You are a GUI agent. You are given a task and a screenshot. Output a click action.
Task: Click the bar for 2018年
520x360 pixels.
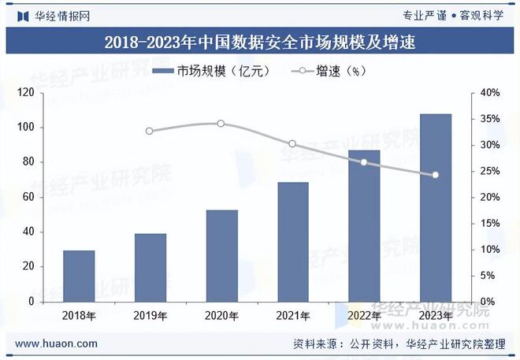[79, 276]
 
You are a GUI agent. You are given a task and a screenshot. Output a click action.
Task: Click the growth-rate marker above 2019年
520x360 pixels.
[150, 131]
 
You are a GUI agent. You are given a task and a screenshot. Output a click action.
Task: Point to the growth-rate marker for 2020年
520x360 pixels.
[221, 124]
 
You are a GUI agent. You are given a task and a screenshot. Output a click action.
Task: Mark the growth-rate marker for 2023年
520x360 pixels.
[435, 175]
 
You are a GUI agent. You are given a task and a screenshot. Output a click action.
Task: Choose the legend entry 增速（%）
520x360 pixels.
[331, 72]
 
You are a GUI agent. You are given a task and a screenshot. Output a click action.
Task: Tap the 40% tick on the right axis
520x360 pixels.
[490, 93]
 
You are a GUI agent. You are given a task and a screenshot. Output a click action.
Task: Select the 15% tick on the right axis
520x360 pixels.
[490, 223]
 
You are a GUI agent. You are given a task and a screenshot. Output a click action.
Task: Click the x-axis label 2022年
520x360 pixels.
[364, 316]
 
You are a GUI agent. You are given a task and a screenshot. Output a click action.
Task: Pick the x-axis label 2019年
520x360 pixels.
[150, 316]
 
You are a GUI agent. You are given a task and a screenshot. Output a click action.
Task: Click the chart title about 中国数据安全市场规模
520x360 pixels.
[260, 41]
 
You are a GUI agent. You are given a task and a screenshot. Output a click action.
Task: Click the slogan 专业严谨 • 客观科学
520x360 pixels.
[452, 15]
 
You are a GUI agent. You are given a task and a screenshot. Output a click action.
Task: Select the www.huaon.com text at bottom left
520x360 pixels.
[57, 343]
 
